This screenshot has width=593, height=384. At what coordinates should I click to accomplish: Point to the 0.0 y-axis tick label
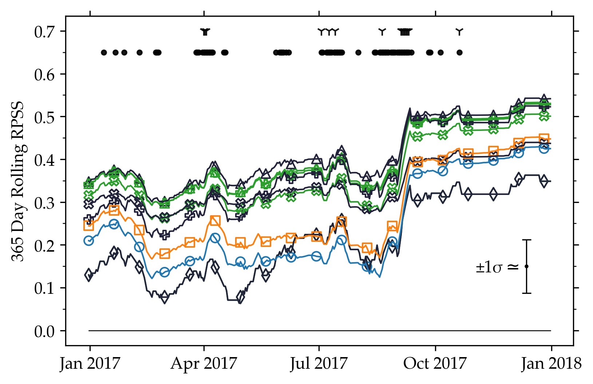click(x=44, y=331)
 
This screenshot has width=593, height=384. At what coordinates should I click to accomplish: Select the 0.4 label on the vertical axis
click(x=44, y=160)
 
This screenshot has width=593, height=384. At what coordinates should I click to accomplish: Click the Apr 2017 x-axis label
click(x=204, y=363)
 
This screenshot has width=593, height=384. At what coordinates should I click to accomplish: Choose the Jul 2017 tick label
click(x=319, y=363)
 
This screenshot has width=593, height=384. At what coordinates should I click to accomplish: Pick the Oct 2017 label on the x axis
click(x=435, y=363)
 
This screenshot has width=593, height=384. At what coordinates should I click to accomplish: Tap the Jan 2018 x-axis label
click(x=551, y=363)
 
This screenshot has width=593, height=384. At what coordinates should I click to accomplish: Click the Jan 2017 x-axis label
click(x=90, y=363)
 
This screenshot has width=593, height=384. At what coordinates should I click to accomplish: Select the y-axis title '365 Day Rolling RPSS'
click(x=17, y=181)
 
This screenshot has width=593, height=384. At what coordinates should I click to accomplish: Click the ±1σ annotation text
click(x=497, y=268)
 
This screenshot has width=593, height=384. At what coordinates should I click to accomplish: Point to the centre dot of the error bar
click(x=526, y=267)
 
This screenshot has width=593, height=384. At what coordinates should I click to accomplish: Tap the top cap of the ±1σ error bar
click(x=526, y=240)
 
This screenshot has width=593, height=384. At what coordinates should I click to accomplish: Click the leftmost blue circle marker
click(x=88, y=240)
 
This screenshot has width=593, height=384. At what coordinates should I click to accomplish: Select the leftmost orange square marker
click(x=88, y=225)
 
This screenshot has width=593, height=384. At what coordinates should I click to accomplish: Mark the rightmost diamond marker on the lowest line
click(x=544, y=181)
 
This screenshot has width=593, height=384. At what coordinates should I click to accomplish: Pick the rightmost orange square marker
click(x=544, y=138)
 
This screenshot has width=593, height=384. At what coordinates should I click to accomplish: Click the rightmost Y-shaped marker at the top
click(x=459, y=31)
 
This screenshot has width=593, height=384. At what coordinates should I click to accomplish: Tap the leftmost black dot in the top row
click(x=104, y=52)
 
